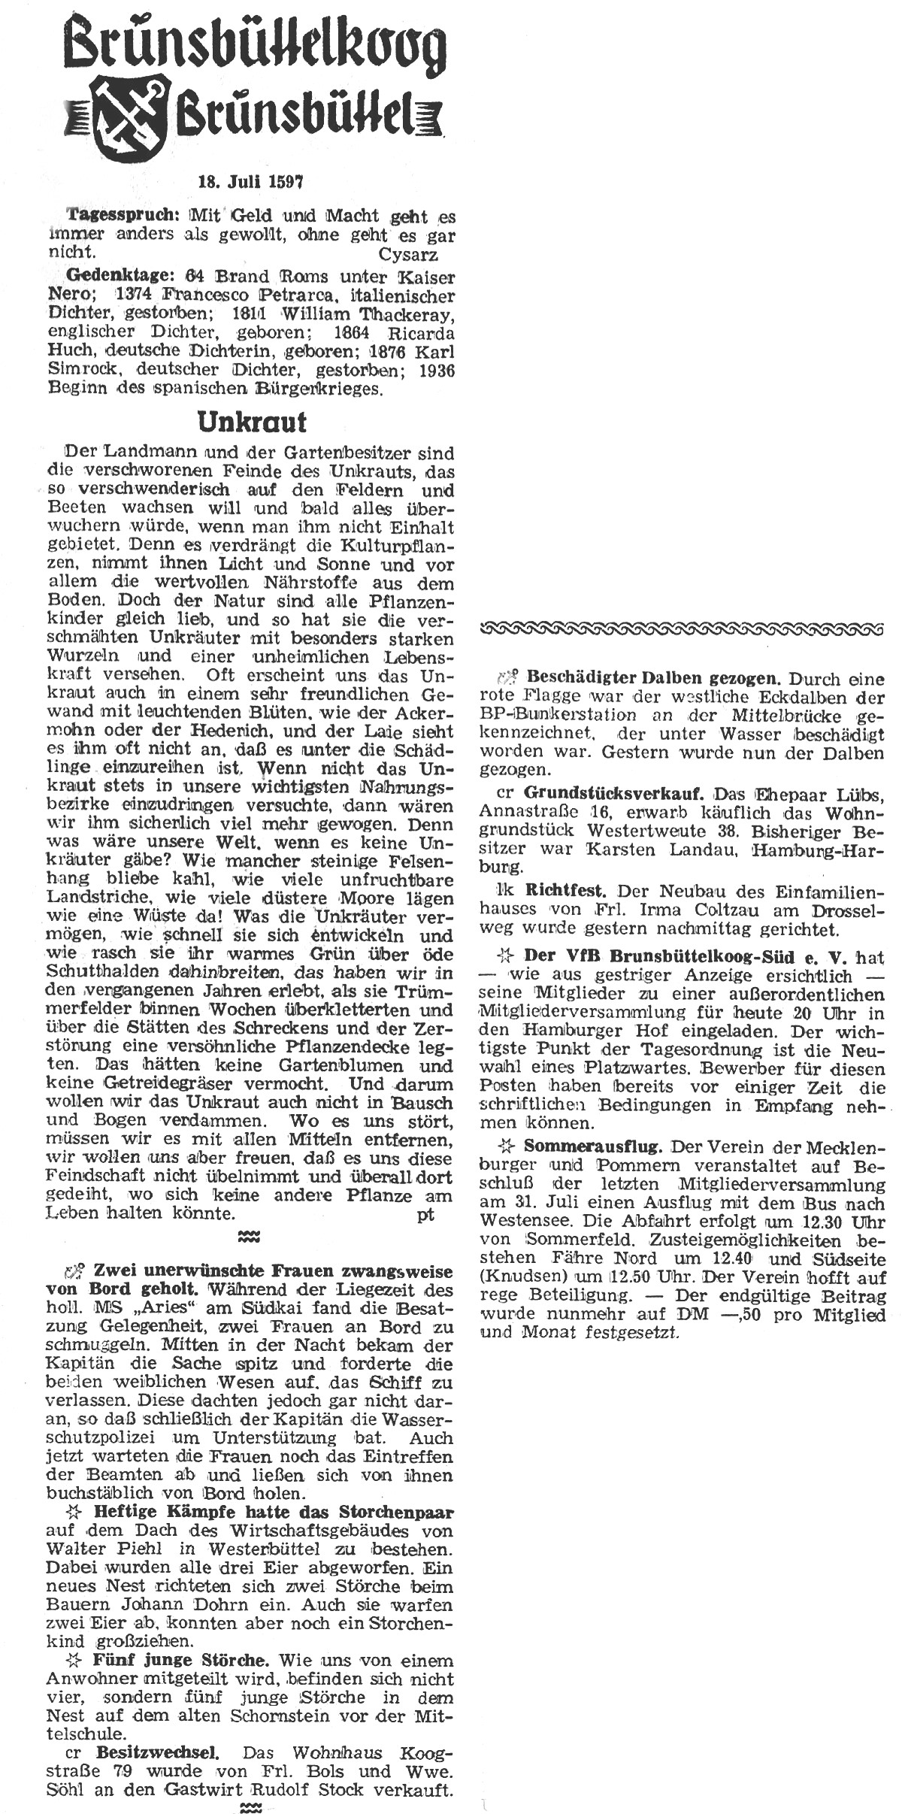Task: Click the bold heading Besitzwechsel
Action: (159, 1729)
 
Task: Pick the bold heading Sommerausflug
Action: (593, 1146)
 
